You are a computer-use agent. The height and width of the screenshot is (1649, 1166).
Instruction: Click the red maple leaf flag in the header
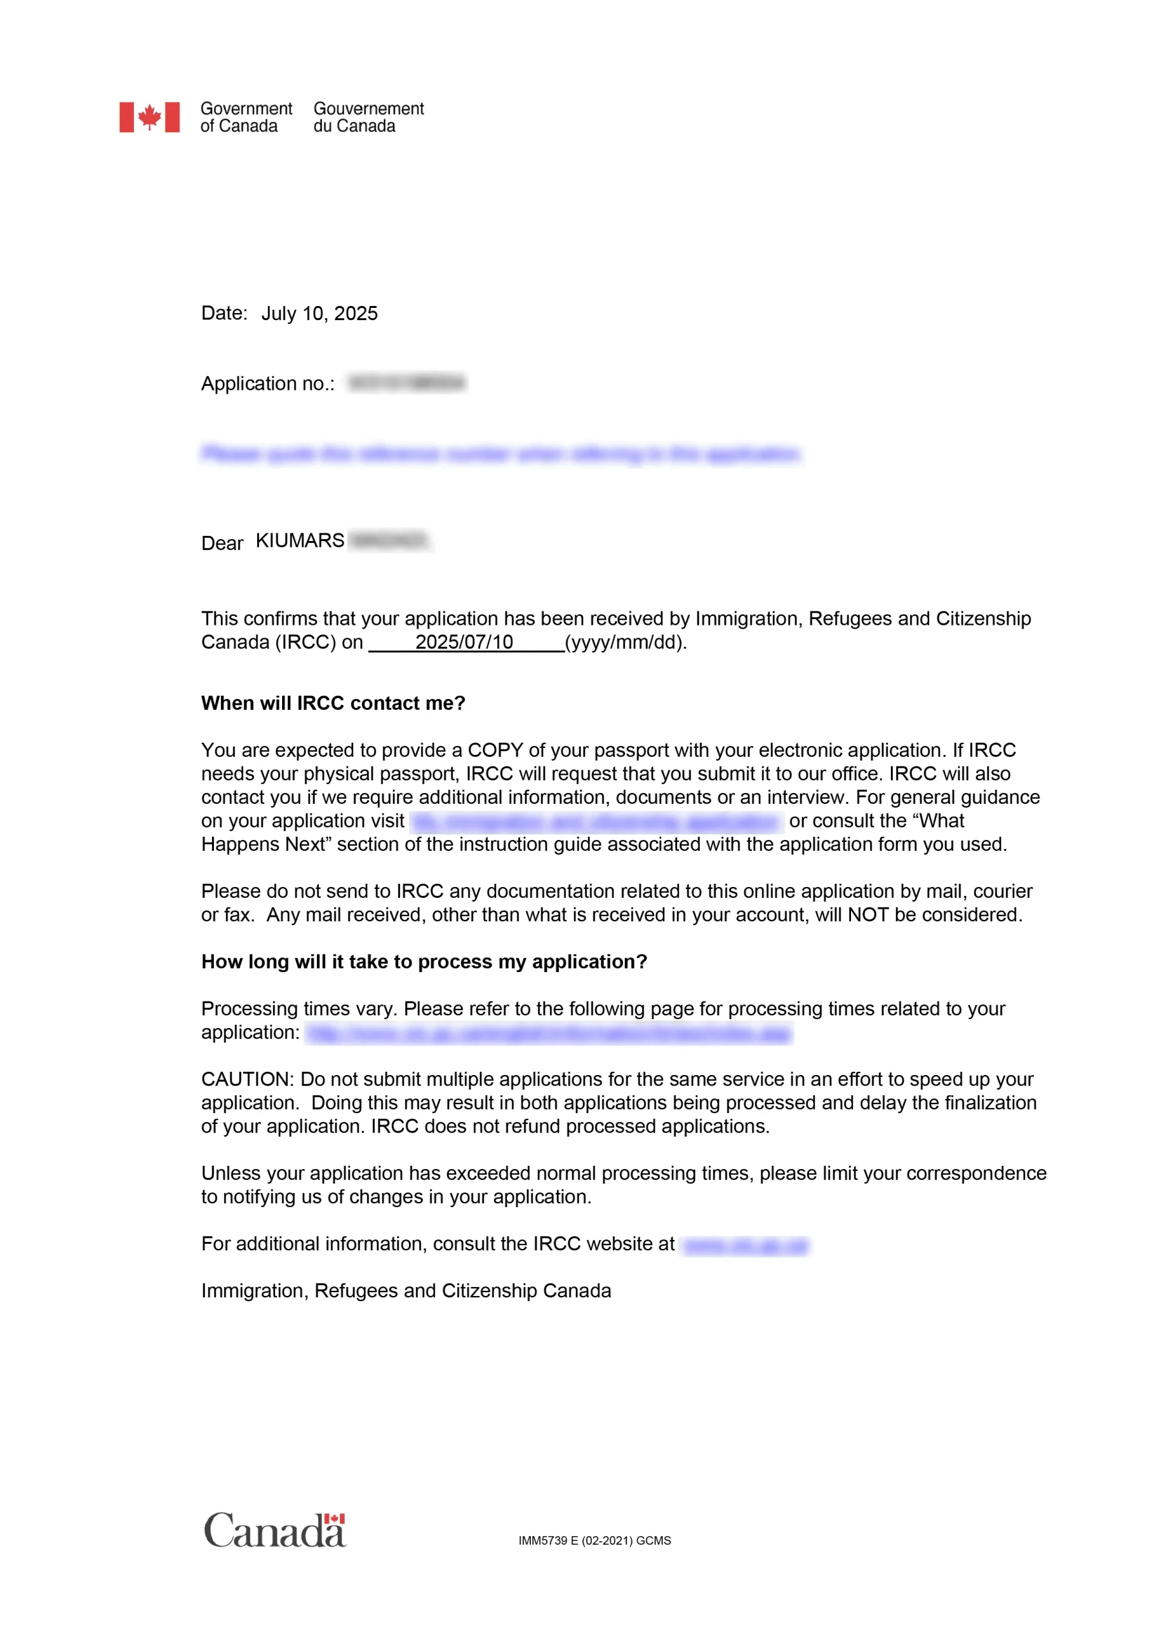149,117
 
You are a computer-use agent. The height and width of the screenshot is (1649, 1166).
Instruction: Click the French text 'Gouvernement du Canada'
368,117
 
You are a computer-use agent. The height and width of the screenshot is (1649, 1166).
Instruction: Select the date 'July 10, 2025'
319,313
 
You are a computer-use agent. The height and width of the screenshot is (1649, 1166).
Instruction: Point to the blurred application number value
406,383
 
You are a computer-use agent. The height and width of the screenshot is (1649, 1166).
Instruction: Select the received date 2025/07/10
464,642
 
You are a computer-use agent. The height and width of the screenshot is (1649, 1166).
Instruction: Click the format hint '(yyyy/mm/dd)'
625,642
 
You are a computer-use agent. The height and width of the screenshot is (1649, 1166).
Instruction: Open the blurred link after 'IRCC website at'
745,1244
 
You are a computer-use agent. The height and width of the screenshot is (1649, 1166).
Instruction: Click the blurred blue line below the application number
500,454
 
